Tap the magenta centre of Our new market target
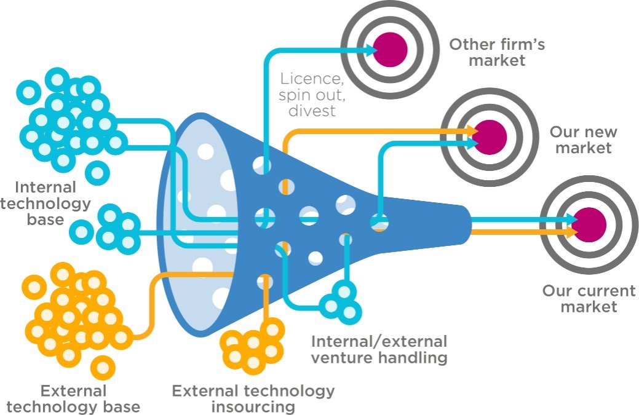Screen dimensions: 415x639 (491, 136)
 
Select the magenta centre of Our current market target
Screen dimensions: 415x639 (589, 224)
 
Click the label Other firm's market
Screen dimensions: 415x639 (496, 52)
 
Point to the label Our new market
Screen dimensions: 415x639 (583, 140)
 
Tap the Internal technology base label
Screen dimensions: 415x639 (45, 202)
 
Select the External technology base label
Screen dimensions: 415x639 (73, 398)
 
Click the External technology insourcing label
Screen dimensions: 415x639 (253, 398)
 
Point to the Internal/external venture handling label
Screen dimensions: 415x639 (379, 349)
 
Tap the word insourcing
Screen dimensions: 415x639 (253, 406)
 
